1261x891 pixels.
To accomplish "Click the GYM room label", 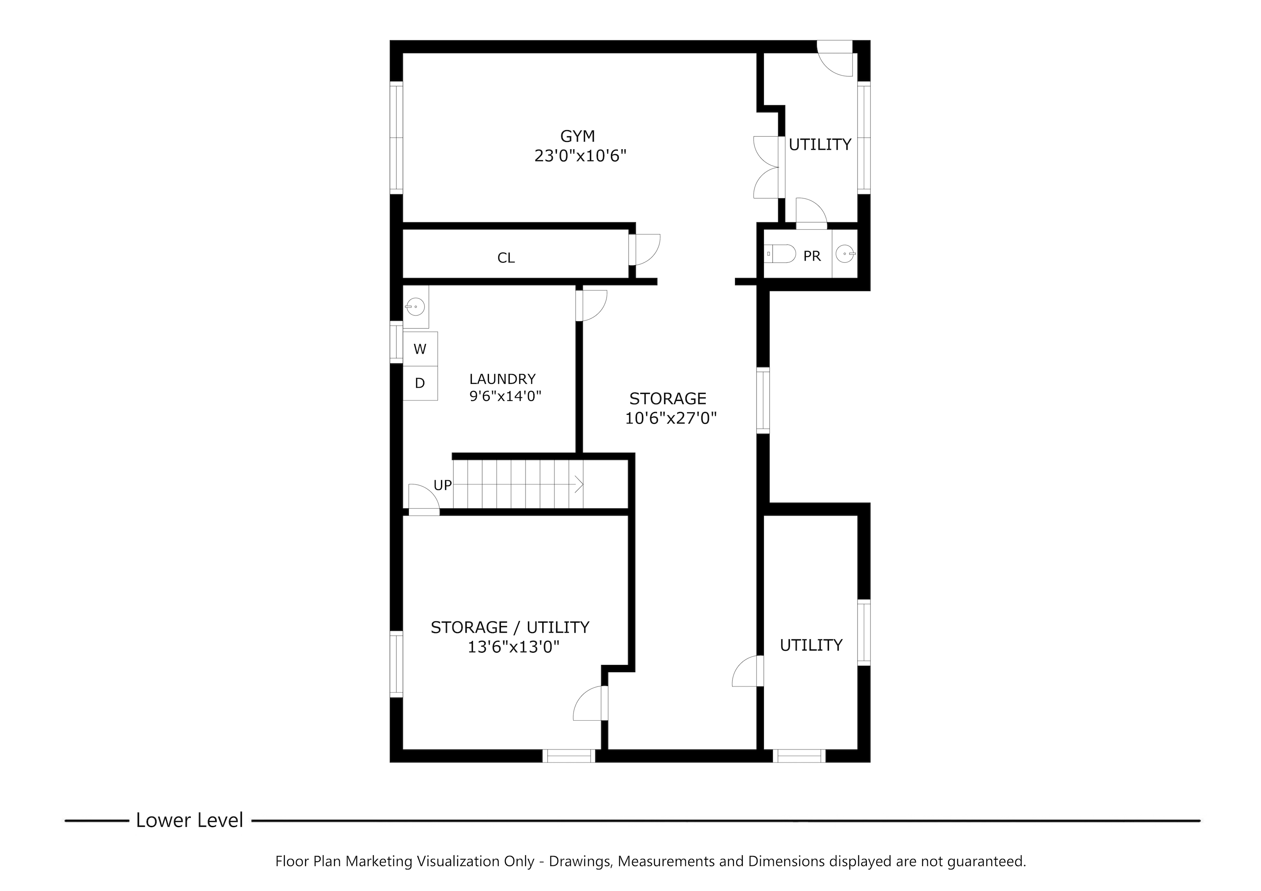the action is coord(577,135).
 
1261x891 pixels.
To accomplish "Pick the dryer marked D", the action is coord(420,383).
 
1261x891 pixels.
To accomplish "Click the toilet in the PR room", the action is coord(780,254).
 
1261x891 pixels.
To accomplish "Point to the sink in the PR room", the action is coord(845,254).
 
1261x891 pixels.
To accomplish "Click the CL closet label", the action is coord(506,258).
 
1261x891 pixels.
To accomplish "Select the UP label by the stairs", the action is coord(443,485).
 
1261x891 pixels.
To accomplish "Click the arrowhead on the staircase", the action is coord(579,484).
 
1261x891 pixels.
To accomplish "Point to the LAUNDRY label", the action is coord(502,379).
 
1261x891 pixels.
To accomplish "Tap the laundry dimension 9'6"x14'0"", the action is coord(505,396).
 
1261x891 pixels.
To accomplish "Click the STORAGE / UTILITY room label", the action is coord(510,627).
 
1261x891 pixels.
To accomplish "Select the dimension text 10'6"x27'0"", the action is coord(671,419).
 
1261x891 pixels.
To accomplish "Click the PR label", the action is coord(812,256).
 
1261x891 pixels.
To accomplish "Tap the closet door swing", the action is coord(645,250).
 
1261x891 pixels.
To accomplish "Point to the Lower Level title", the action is coord(190,820).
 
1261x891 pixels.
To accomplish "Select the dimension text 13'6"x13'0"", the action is coord(513,648).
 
